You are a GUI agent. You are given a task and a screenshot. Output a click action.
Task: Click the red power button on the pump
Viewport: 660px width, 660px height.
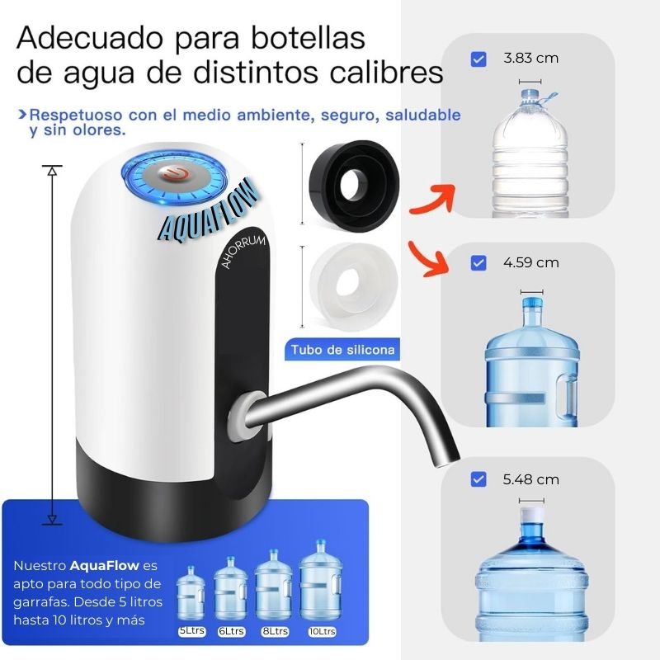[174, 174]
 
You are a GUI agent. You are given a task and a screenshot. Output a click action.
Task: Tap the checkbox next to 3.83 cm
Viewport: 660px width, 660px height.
[478, 59]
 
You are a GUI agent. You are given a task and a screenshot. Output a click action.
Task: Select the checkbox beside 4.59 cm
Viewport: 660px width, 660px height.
[478, 263]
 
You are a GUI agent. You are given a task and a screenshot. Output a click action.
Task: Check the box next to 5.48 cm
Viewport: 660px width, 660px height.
[478, 479]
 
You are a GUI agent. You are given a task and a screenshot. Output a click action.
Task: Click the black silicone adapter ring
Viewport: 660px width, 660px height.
[354, 186]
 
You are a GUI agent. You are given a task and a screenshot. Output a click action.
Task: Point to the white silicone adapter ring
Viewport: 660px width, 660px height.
[353, 287]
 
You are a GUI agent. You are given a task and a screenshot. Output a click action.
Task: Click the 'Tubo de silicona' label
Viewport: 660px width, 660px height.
[342, 350]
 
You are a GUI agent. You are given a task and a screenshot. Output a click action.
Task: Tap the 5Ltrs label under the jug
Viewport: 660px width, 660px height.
[192, 631]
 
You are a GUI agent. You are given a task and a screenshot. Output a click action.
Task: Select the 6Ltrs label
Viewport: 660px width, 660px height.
[232, 631]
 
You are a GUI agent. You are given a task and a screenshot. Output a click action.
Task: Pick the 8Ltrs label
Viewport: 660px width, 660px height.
[275, 631]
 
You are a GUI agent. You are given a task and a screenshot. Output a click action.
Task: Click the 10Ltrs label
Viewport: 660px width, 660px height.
[322, 631]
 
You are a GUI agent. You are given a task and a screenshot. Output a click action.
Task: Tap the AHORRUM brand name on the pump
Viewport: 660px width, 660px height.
[243, 252]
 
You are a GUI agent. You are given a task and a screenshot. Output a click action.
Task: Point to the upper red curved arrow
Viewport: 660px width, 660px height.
[434, 200]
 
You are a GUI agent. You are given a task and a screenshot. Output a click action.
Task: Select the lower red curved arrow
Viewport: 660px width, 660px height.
[428, 259]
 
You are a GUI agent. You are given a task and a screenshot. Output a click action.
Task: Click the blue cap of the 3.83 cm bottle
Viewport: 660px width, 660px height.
[530, 95]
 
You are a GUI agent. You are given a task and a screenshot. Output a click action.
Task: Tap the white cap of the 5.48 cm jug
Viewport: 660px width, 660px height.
[531, 514]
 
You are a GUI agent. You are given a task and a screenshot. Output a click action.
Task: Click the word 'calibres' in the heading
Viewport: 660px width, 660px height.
[386, 73]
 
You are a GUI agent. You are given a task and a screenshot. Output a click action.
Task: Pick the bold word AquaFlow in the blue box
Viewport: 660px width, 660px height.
[105, 565]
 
